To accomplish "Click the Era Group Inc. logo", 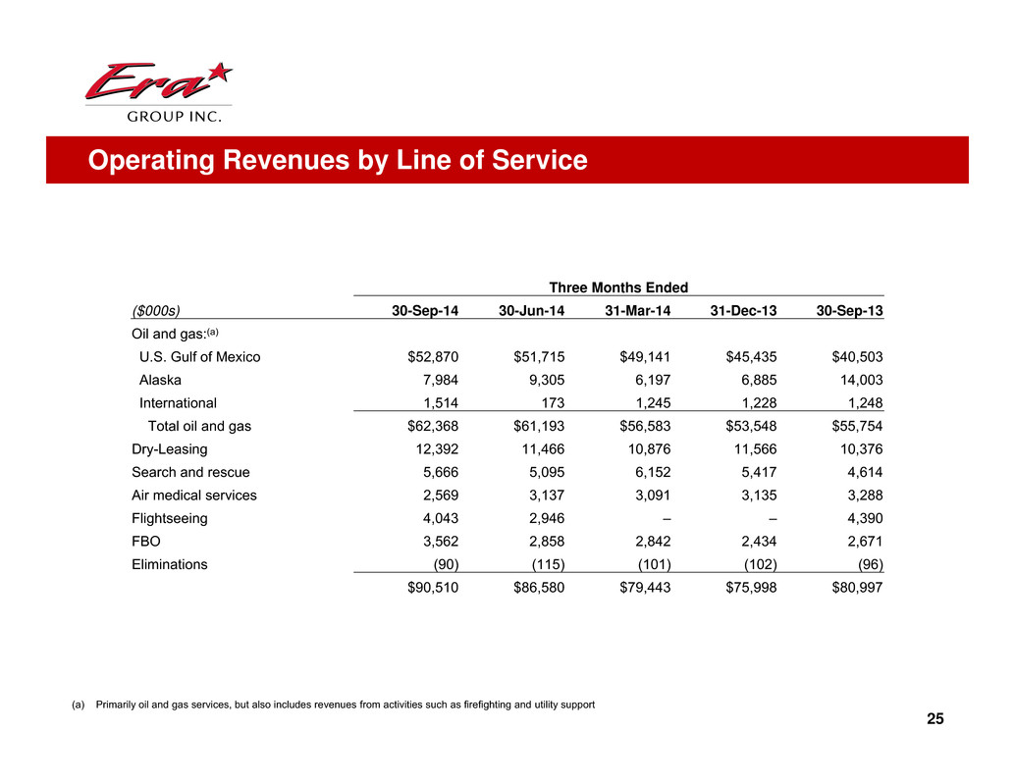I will [157, 94].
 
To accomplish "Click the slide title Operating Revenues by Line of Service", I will [337, 160].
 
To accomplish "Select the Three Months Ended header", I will [617, 287].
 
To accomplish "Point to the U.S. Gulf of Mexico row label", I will [199, 357].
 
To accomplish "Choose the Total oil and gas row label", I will [205, 426].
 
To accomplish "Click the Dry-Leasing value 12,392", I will [433, 448].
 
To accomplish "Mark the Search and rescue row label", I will [190, 472].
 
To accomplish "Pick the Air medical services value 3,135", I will [754, 495].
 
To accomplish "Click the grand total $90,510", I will [425, 587].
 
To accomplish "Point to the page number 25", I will [935, 721].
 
